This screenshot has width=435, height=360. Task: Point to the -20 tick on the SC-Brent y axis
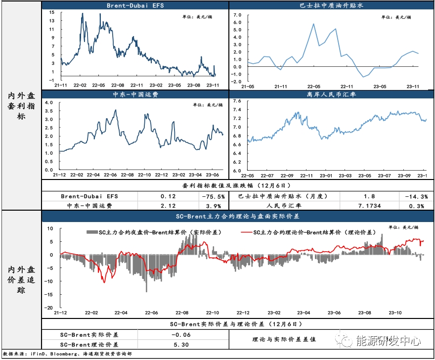pyautogui.click(x=49, y=308)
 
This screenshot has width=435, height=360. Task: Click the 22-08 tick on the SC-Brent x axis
pyautogui.click(x=182, y=313)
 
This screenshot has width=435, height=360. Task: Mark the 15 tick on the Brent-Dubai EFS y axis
pyautogui.click(x=52, y=13)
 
